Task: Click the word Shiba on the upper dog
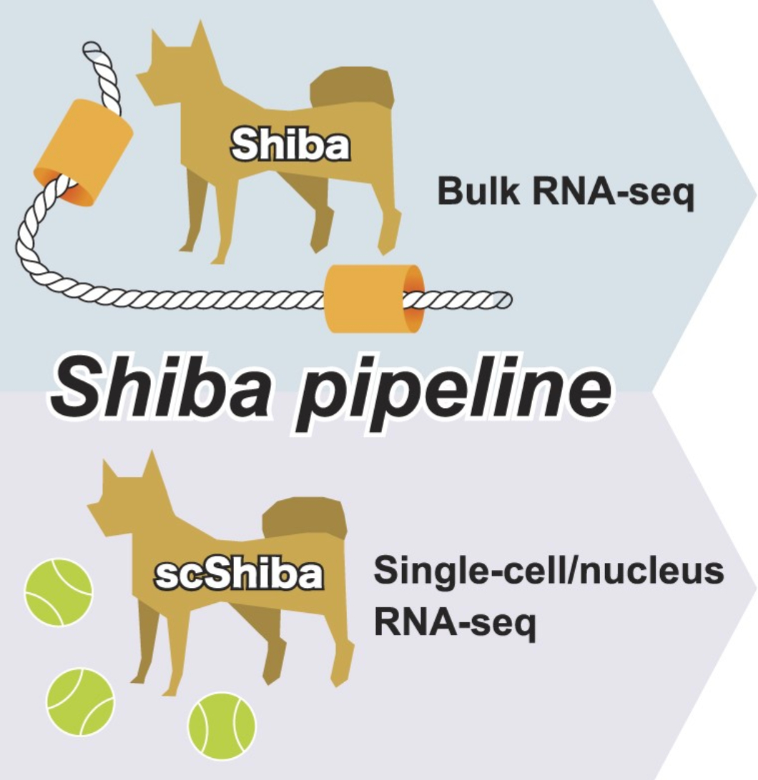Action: click(x=290, y=146)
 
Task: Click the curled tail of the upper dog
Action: click(x=354, y=93)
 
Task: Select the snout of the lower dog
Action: click(x=97, y=504)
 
